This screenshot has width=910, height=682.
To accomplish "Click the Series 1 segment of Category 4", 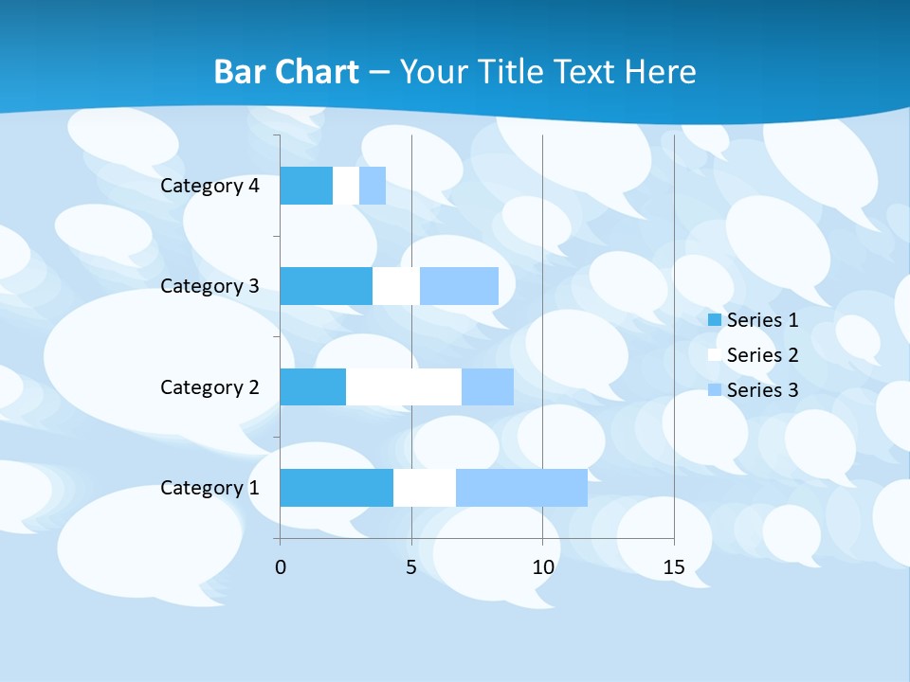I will coord(306,186).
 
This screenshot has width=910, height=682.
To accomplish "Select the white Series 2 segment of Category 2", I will coord(404,387).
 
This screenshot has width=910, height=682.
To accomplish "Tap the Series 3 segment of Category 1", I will coord(521,488).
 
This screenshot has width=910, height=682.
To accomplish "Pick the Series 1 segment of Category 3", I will coord(326,286).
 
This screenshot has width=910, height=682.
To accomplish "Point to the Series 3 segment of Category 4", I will coord(373,186).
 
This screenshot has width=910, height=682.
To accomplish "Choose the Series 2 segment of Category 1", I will coord(425,488).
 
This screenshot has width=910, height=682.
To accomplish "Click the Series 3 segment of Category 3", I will coord(459,286).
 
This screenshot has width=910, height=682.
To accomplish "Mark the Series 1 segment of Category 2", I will coord(313,387).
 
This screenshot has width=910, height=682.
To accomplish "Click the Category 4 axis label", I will coord(209,186).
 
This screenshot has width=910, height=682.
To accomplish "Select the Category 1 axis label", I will coord(209,488).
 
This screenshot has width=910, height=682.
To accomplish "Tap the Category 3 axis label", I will coord(209,286).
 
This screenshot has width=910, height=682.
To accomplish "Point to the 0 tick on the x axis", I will coord(280,567).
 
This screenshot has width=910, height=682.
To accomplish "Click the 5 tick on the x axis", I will coord(411,567).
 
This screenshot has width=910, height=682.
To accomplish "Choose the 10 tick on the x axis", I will coord(542,567).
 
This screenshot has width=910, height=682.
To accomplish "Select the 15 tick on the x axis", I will coord(673,567).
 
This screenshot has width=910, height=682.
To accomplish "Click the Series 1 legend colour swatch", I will coord(715,320).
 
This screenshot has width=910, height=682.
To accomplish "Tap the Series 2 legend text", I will coord(762,355).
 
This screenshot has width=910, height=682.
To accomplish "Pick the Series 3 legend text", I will coord(762,390).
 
